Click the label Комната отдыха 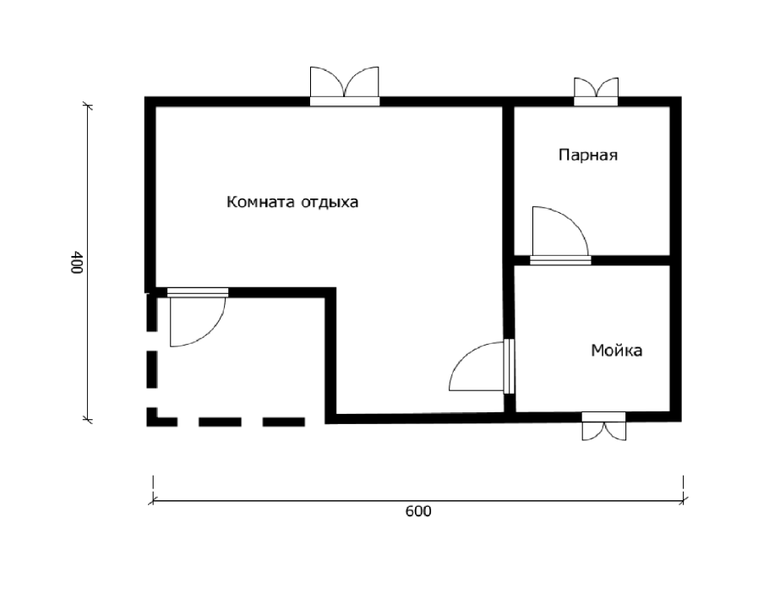292,203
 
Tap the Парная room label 589,155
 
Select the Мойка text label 616,350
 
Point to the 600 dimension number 418,512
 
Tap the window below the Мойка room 604,427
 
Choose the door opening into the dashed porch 196,319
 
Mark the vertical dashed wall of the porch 152,355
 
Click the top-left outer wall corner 151,102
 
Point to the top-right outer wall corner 675,102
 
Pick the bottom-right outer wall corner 675,416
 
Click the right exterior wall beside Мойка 675,338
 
